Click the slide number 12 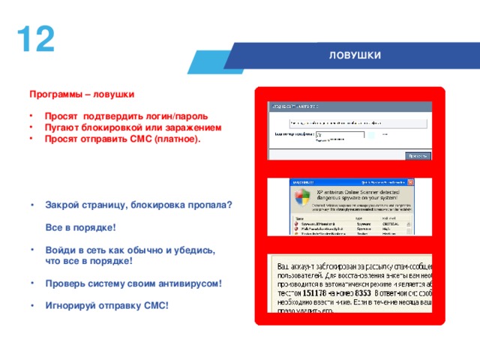pos(35,39)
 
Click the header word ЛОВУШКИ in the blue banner pos(355,56)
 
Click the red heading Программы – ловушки pos(82,95)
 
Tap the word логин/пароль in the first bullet pos(177,117)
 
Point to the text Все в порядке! pos(80,226)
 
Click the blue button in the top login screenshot pos(417,156)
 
